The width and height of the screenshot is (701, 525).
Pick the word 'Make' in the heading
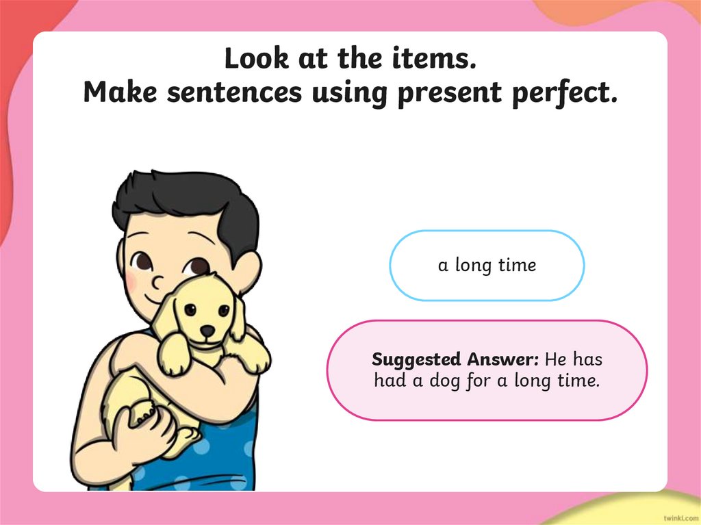click(116, 93)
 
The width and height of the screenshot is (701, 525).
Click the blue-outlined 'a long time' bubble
click(487, 266)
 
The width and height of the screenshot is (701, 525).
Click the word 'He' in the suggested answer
click(557, 359)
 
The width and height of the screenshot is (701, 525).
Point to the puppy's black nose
click(207, 331)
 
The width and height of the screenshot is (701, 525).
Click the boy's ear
click(246, 270)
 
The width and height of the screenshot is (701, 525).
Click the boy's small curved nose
click(158, 281)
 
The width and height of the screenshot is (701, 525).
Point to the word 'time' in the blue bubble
click(517, 266)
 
